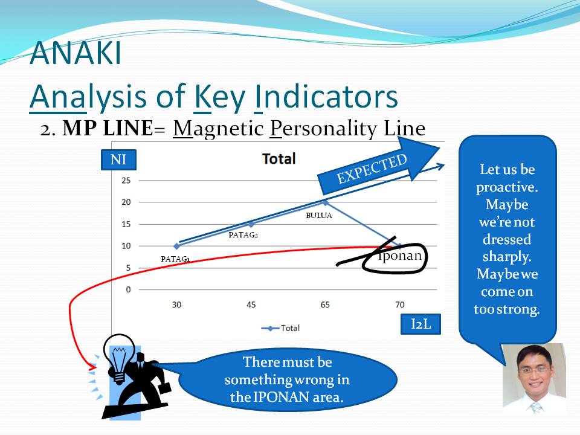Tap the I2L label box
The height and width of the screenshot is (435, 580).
[x=420, y=324]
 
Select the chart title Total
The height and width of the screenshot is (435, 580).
[x=279, y=159]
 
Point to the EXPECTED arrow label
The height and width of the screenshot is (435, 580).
[x=372, y=169]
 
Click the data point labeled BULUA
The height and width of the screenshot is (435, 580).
[x=325, y=202]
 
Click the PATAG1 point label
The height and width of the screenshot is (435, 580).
[x=175, y=259]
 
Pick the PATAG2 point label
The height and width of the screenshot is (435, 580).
[x=243, y=234]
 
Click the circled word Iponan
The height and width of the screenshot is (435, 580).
[x=399, y=256]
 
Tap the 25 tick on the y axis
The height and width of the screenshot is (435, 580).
[x=126, y=180]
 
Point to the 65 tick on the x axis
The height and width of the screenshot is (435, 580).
[x=325, y=304]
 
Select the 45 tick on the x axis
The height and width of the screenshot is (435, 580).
[x=251, y=304]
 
